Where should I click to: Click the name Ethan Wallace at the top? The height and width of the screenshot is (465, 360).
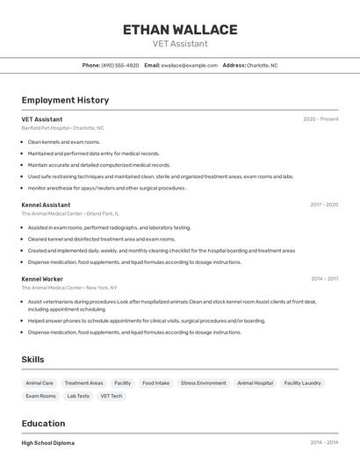[x=180, y=30]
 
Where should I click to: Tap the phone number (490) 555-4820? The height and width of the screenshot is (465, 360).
[x=119, y=65]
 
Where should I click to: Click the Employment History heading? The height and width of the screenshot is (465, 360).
[x=65, y=100]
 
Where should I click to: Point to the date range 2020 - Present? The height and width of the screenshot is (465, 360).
[x=320, y=119]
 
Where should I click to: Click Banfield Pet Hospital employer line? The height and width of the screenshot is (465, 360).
[x=62, y=128]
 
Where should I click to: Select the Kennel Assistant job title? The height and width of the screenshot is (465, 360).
[x=46, y=204]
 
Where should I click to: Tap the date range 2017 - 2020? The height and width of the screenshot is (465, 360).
[x=323, y=204]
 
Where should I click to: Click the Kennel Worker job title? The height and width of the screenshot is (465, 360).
[x=42, y=279]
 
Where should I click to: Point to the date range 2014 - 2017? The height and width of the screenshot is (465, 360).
[x=323, y=279]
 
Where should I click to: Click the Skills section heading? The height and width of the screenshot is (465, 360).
[x=32, y=360]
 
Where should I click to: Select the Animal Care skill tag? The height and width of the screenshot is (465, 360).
[x=40, y=383]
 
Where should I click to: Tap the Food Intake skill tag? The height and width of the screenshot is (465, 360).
[x=156, y=383]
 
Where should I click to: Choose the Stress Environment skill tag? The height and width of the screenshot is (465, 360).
[x=203, y=383]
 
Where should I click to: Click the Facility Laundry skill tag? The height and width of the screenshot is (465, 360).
[x=302, y=383]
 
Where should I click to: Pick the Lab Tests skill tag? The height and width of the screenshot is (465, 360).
[x=78, y=397]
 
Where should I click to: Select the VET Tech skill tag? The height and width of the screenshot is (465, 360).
[x=112, y=397]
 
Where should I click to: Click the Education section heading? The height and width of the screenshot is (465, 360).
[x=43, y=424]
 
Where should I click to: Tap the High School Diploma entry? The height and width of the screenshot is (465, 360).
[x=48, y=443]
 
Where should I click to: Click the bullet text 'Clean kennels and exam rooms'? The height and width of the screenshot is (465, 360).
[x=64, y=141]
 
